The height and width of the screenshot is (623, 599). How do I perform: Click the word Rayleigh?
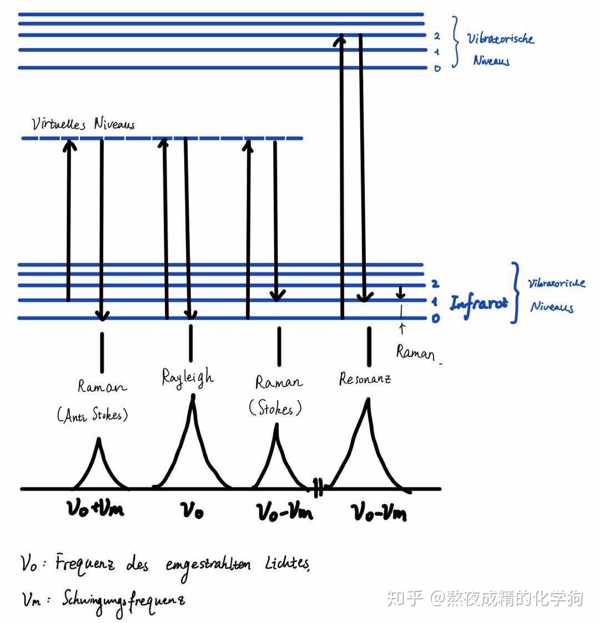[187, 377]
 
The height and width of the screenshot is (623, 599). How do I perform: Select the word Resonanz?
[365, 378]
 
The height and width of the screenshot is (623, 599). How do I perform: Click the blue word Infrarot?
[479, 303]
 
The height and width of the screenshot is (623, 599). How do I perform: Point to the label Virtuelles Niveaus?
[83, 124]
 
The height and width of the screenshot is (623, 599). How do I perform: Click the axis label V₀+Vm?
[95, 509]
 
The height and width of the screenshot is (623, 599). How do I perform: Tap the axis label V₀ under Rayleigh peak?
[193, 509]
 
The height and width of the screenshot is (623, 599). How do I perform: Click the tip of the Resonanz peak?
[366, 401]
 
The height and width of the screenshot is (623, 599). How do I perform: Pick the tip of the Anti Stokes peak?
[99, 440]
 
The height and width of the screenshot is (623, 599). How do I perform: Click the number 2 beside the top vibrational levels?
[437, 36]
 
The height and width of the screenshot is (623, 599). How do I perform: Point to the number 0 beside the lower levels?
[436, 319]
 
